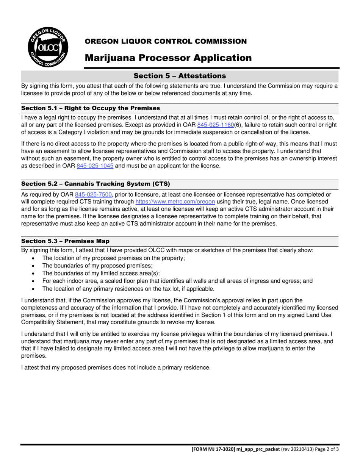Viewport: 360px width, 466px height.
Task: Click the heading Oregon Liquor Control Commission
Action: pyautogui.click(x=166, y=41)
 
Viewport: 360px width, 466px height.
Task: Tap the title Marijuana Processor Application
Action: pyautogui.click(x=168, y=58)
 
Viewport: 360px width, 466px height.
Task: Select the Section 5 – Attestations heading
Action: pyautogui.click(x=180, y=76)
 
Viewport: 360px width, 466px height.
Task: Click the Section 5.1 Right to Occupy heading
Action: pyautogui.click(x=91, y=108)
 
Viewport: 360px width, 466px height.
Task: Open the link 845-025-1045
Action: pyautogui.click(x=95, y=166)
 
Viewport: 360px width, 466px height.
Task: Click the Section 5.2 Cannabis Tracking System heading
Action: pyautogui.click(x=95, y=184)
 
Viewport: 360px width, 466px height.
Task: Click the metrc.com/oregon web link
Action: pyautogui.click(x=175, y=202)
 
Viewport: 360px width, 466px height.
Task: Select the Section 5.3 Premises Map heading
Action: pyautogui.click(x=65, y=241)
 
